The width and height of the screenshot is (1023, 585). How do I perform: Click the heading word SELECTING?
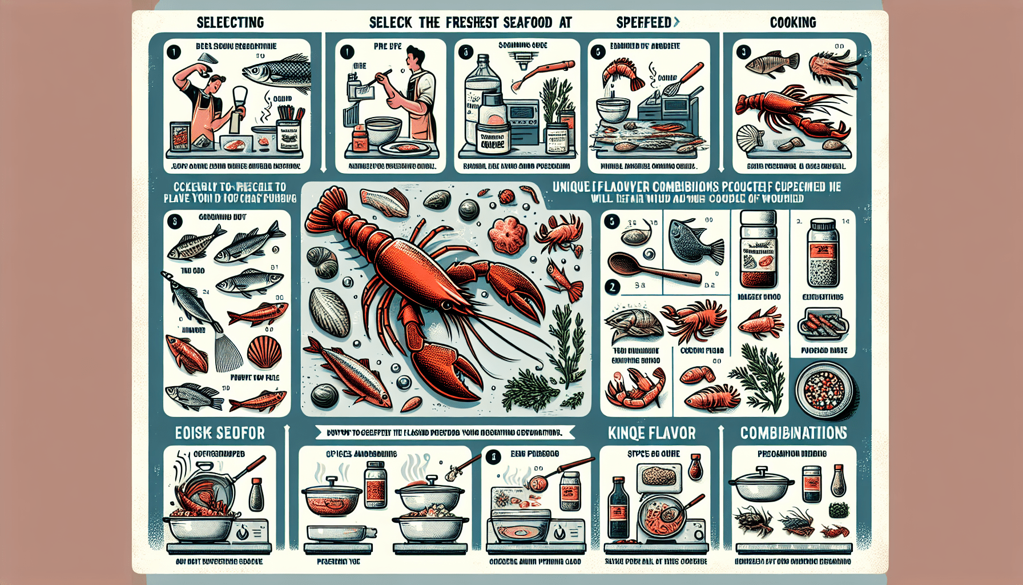click(x=230, y=23)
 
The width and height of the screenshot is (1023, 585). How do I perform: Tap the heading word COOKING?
click(x=792, y=23)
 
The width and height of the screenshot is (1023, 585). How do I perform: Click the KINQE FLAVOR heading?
click(x=651, y=433)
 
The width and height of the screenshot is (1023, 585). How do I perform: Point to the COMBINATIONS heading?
click(x=794, y=433)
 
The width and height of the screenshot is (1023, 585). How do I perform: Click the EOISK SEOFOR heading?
click(x=220, y=433)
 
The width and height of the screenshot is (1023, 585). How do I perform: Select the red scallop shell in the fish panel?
click(x=265, y=352)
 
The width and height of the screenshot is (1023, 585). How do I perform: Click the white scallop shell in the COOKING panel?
click(x=750, y=139)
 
